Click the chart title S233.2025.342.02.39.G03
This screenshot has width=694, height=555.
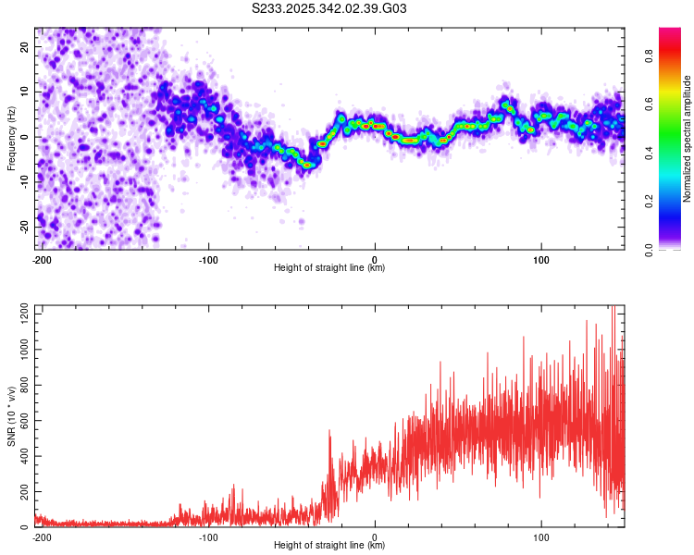[330, 9]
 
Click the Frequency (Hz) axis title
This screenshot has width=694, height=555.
[11, 138]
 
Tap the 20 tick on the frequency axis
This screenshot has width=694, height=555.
[26, 47]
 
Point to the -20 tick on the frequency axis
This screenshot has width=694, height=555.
[24, 227]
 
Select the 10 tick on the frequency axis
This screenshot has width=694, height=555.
[26, 92]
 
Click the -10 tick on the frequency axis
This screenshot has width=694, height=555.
[24, 182]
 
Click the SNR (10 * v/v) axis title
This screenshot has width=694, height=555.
[11, 416]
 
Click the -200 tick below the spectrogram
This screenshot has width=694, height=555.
[42, 258]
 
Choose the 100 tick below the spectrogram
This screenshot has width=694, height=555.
[540, 258]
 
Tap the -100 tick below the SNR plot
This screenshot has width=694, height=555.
[208, 536]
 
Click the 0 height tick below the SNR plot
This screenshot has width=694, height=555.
[375, 536]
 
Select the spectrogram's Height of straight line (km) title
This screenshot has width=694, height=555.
[329, 268]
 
